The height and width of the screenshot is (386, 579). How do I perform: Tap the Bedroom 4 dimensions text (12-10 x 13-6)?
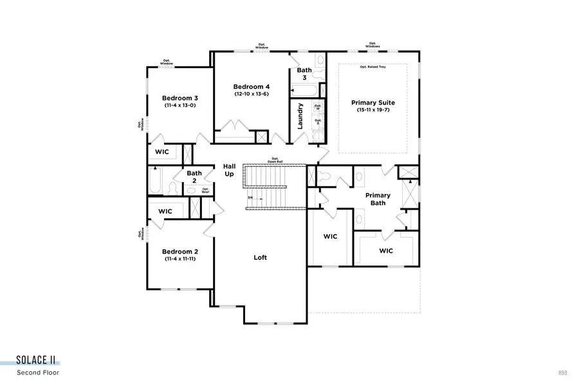(x=251, y=94)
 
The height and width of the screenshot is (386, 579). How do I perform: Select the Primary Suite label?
(x=372, y=103)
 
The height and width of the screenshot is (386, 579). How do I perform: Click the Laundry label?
(x=300, y=116)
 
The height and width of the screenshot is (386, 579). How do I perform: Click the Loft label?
(x=260, y=257)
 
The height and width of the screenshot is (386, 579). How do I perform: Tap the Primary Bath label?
(x=378, y=199)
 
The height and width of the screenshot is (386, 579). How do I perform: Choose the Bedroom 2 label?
(x=179, y=252)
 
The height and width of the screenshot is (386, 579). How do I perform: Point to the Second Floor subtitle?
(x=40, y=372)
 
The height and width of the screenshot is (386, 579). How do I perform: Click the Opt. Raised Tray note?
(x=373, y=68)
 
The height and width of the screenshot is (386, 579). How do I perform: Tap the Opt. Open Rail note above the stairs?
(x=275, y=160)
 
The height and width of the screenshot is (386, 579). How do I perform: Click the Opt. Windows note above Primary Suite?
(x=372, y=46)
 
